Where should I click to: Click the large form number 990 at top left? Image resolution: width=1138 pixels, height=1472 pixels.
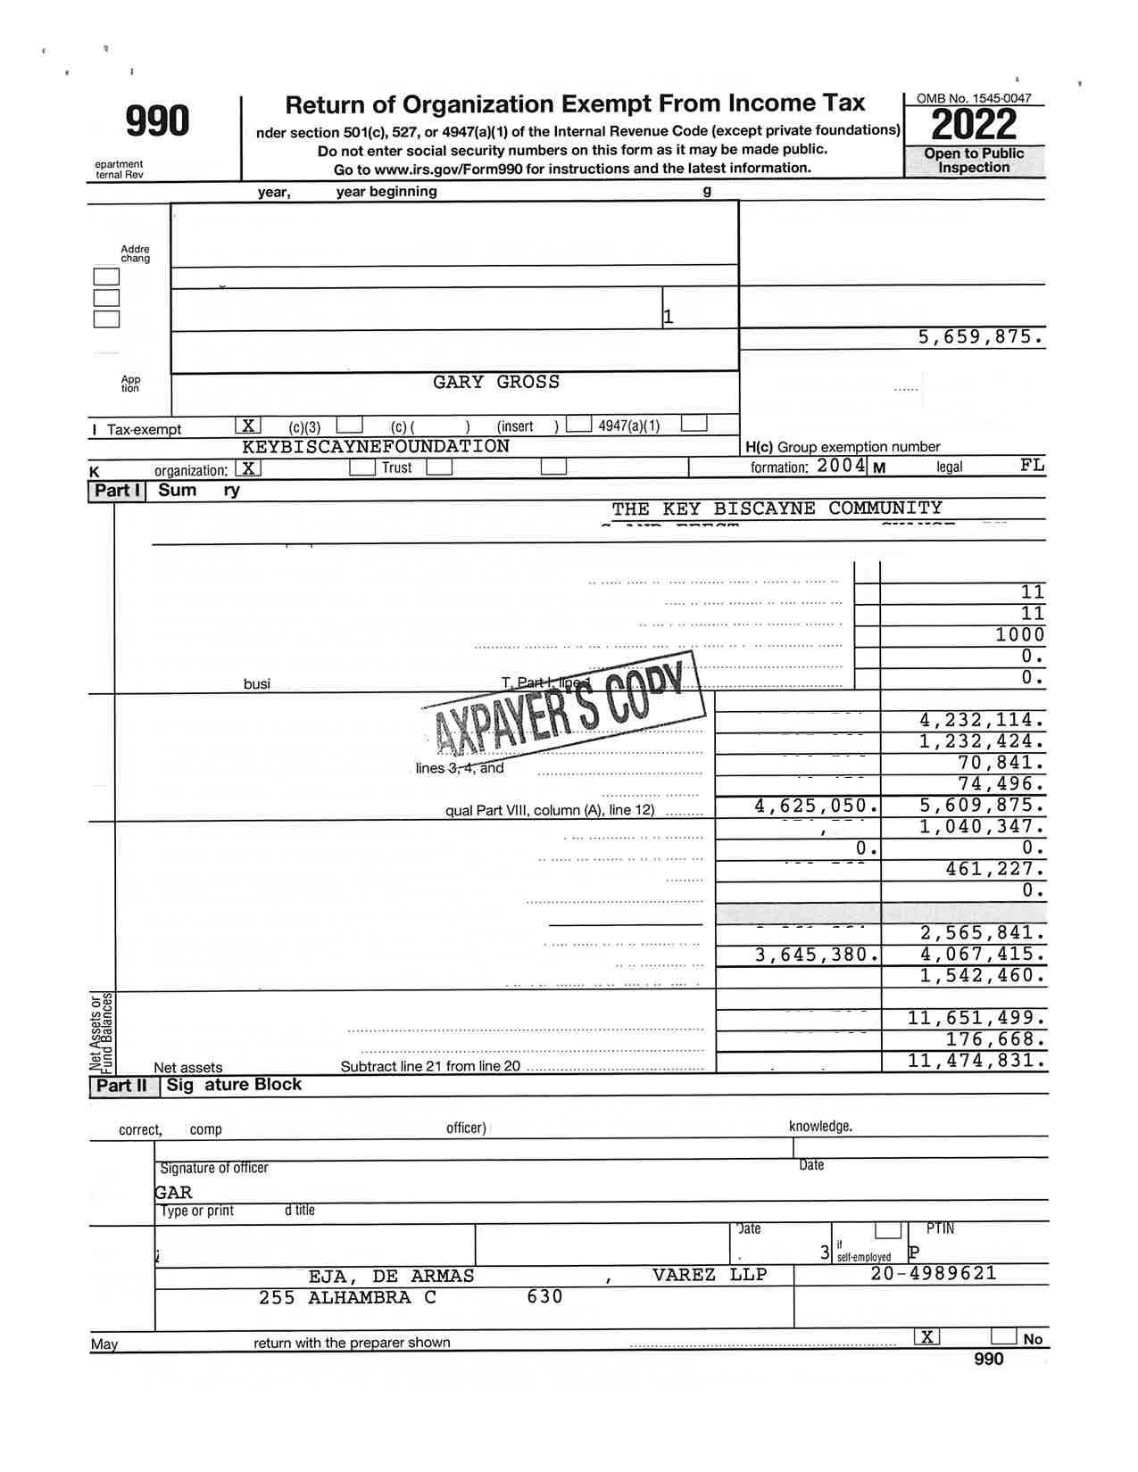point(157,121)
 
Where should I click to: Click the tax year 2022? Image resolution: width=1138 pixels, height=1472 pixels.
point(974,126)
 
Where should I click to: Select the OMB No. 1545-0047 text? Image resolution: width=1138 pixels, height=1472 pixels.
point(974,98)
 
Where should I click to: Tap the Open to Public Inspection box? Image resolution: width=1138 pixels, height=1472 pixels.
point(974,161)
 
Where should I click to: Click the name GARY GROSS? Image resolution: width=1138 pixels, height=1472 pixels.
point(496,382)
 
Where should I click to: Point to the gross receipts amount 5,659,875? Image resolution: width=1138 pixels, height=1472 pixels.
point(980,337)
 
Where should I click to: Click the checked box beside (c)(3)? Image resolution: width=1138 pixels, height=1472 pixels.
point(248,426)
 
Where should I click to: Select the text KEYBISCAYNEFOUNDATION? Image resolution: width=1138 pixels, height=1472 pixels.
point(376,446)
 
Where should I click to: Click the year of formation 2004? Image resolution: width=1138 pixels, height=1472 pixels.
point(841,465)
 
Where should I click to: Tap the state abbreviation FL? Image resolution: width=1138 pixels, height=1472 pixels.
point(1032,465)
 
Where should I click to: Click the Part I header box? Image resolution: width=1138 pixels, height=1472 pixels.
point(117,491)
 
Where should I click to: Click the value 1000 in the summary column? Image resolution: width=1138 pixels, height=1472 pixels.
point(1019,634)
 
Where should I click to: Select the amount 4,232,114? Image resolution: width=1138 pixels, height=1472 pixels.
point(981,720)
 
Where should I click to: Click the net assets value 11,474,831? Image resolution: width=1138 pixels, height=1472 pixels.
point(976,1061)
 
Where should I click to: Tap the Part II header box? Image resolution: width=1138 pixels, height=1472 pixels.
point(121,1086)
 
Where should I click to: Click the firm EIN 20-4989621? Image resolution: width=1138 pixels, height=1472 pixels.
point(933,1274)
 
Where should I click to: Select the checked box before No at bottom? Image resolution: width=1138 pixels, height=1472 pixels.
point(927,1336)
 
